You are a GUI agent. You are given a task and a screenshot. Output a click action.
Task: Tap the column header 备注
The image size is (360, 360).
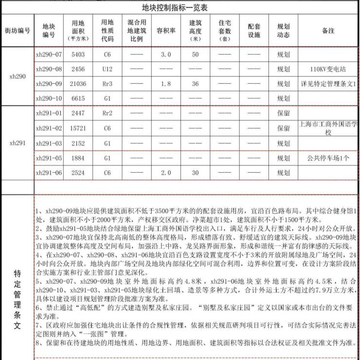[328, 31]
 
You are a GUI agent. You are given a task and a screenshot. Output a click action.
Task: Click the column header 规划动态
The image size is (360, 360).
[283, 31]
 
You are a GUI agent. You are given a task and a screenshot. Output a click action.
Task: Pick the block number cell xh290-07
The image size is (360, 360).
[49, 54]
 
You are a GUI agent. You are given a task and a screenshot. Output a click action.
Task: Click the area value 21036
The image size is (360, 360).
[78, 84]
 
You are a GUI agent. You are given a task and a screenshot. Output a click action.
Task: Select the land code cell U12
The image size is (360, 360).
[107, 69]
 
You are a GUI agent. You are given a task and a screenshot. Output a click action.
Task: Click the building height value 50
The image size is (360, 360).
[195, 54]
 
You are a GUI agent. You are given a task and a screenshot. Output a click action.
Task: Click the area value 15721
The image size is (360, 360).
[78, 128]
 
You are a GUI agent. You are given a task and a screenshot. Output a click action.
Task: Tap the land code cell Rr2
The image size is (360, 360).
[107, 113]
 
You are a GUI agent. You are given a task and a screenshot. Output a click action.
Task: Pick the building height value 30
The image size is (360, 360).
[195, 173]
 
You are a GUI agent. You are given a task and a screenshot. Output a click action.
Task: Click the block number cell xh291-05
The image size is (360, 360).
[49, 158]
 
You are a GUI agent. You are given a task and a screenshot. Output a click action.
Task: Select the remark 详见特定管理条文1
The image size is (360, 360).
[328, 84]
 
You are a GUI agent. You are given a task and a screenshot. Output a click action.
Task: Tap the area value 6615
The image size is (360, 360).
[78, 99]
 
